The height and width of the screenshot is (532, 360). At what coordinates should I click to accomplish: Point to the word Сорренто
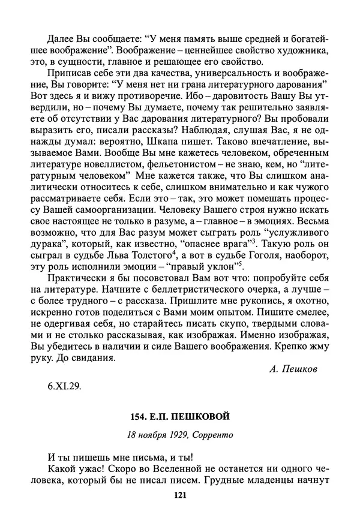(x=209, y=434)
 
